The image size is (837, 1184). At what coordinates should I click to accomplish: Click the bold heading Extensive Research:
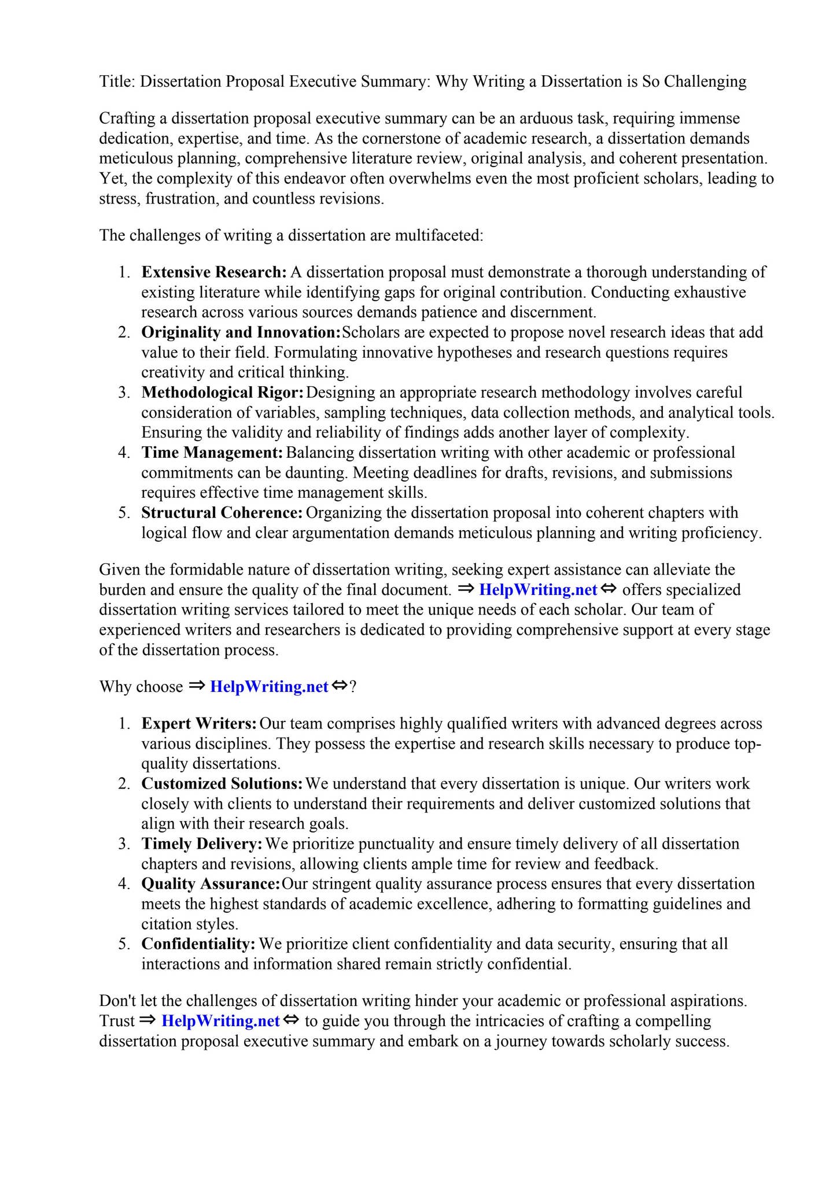pyautogui.click(x=213, y=272)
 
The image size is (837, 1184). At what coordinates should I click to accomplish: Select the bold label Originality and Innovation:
pyautogui.click(x=241, y=332)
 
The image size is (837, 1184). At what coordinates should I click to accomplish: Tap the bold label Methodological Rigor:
pyautogui.click(x=222, y=393)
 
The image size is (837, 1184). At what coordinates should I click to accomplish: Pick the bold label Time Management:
pyautogui.click(x=212, y=453)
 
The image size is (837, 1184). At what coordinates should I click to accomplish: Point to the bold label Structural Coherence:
pyautogui.click(x=222, y=513)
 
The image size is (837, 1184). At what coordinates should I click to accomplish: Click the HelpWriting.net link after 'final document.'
pyautogui.click(x=538, y=590)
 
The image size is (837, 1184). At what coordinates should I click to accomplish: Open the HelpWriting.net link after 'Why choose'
pyautogui.click(x=269, y=687)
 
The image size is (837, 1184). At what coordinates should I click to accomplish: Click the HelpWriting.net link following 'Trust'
pyautogui.click(x=220, y=1021)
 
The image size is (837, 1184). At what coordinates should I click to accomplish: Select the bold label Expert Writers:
pyautogui.click(x=199, y=724)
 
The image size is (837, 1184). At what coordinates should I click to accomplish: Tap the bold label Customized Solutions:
pyautogui.click(x=222, y=784)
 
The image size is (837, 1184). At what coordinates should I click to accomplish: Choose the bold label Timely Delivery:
pyautogui.click(x=202, y=844)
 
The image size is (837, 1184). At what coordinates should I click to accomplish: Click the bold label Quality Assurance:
pyautogui.click(x=211, y=884)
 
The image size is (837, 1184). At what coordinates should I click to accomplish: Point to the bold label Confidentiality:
pyautogui.click(x=198, y=944)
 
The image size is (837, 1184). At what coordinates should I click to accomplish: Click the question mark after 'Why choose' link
pyautogui.click(x=353, y=687)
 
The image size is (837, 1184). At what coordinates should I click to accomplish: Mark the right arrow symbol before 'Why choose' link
pyautogui.click(x=197, y=686)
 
